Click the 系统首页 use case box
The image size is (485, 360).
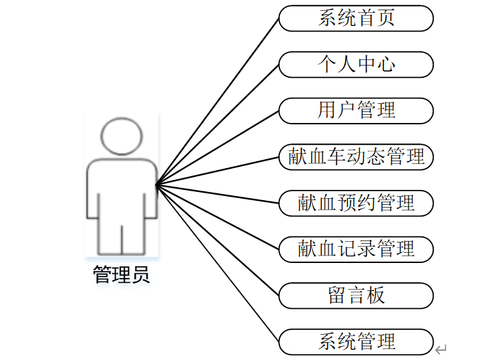(x=356, y=18)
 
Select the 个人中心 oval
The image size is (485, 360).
(x=356, y=65)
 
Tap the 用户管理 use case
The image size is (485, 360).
(x=356, y=111)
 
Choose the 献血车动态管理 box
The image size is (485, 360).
(x=356, y=157)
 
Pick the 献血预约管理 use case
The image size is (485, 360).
(x=356, y=203)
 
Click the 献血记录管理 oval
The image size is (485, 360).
(x=356, y=249)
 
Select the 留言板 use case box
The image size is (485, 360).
(x=356, y=295)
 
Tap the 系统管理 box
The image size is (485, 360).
(x=356, y=341)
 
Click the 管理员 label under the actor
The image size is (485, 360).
(x=121, y=276)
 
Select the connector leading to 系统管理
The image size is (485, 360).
(x=219, y=263)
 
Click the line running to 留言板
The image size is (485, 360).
(x=219, y=240)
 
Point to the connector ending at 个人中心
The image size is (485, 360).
(x=219, y=124)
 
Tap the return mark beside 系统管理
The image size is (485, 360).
(x=441, y=349)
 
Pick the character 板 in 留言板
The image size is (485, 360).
(x=376, y=295)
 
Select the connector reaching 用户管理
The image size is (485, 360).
(x=219, y=147)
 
